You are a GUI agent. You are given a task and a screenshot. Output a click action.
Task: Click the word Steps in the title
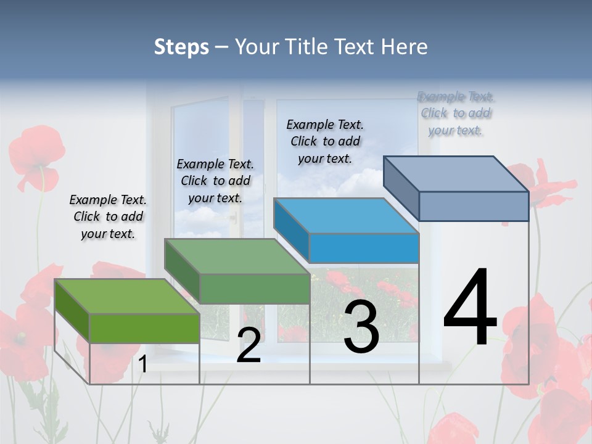181,47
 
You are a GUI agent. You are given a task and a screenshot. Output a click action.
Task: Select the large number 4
470,308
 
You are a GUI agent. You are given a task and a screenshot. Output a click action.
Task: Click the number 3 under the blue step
361,327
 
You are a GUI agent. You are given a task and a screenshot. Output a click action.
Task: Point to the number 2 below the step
249,345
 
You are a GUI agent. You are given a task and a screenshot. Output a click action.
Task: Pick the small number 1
143,364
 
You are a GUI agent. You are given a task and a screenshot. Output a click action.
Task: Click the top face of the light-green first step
126,296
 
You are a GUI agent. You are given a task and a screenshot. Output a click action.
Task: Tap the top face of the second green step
237,257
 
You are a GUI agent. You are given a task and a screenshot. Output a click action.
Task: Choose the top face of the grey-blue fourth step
456,174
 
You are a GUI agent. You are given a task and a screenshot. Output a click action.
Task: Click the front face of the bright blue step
364,249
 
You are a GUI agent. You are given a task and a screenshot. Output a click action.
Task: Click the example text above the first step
108,216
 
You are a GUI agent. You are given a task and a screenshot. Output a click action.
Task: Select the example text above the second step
215,181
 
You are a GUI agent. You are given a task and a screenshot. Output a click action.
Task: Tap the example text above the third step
325,141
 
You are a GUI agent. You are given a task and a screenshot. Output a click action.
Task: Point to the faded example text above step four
456,113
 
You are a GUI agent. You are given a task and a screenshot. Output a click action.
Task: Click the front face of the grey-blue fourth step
474,206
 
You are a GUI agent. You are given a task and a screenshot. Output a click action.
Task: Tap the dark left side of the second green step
182,271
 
